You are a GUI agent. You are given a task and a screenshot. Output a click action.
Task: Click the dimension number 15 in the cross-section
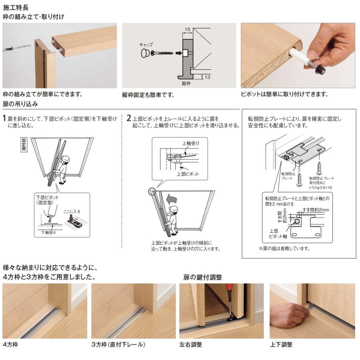pos(187,30)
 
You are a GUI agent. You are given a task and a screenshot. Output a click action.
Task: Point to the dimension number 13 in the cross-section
pos(207,77)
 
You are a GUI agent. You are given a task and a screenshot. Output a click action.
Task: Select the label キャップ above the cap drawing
pos(146,44)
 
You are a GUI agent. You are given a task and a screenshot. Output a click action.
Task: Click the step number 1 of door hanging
pos(4,118)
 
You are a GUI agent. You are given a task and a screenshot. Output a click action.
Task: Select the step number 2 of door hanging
pos(129,118)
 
